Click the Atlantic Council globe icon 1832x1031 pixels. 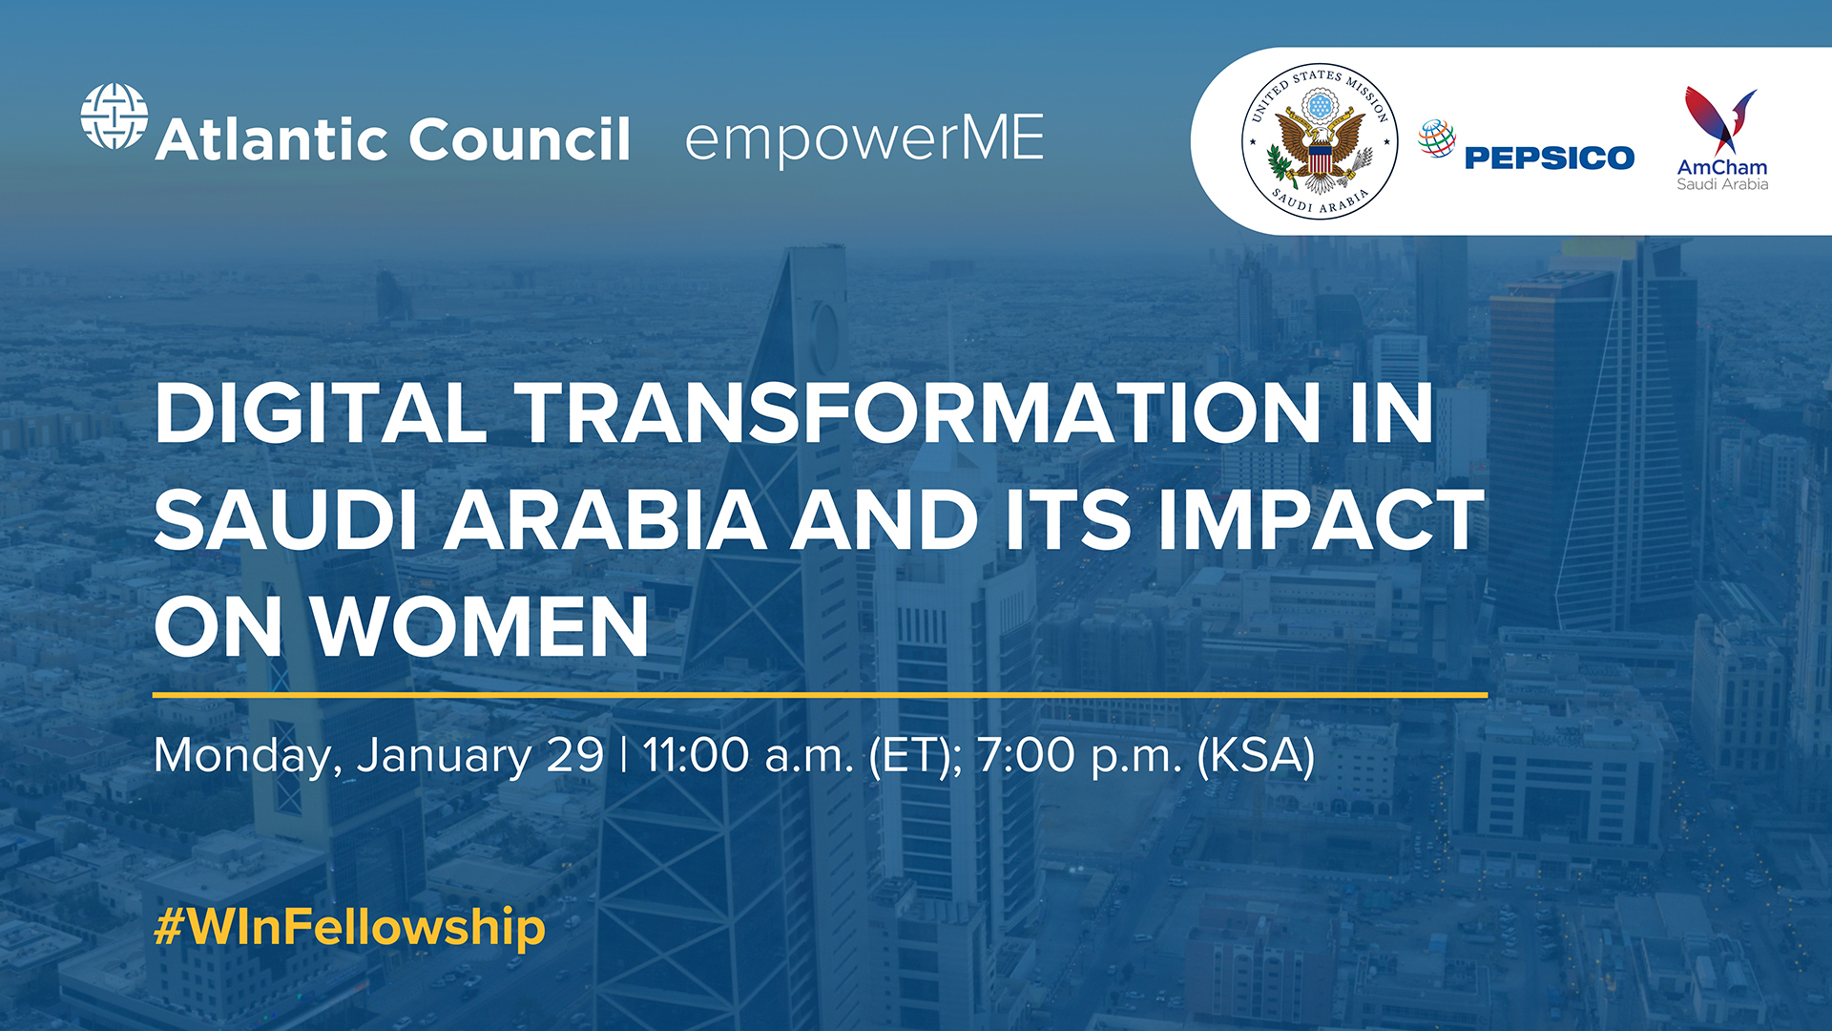(114, 116)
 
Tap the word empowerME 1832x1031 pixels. (864, 139)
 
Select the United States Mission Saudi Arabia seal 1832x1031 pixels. (1320, 141)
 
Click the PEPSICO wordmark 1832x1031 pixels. (1549, 158)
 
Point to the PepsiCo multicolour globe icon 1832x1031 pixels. (1436, 138)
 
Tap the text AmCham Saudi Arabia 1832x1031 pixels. (1722, 175)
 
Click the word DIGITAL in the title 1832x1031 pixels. (321, 412)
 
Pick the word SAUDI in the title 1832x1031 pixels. (285, 520)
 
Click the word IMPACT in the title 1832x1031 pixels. (1322, 520)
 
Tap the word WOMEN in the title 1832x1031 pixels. (481, 627)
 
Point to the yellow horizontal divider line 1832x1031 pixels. (820, 695)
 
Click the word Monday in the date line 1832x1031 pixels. (246, 756)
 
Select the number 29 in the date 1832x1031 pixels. (575, 755)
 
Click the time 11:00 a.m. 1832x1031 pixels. (748, 755)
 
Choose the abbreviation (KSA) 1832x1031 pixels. (1256, 755)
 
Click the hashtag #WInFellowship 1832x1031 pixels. (349, 927)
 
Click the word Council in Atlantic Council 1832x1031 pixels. (520, 139)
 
